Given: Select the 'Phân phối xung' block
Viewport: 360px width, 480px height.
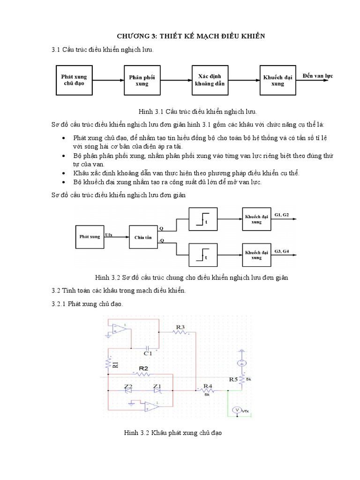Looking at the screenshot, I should pyautogui.click(x=142, y=80).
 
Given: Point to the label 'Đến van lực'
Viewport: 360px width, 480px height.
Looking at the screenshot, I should pyautogui.click(x=316, y=76).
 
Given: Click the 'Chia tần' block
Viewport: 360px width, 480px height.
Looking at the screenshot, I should pyautogui.click(x=142, y=238).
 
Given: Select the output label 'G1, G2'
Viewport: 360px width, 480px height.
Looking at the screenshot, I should pyautogui.click(x=282, y=215).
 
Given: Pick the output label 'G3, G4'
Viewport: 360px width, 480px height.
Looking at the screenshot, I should pyautogui.click(x=282, y=252).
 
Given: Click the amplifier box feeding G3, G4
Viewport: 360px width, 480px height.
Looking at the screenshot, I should pyautogui.click(x=256, y=255).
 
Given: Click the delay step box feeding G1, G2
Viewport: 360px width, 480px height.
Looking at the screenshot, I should pyautogui.click(x=202, y=219).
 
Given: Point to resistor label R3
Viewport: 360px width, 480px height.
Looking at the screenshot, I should pyautogui.click(x=180, y=326).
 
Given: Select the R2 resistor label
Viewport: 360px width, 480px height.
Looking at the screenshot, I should pyautogui.click(x=143, y=369).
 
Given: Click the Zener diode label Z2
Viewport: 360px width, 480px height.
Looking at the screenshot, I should pyautogui.click(x=127, y=386).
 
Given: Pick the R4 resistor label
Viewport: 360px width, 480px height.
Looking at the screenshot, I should pyautogui.click(x=207, y=386).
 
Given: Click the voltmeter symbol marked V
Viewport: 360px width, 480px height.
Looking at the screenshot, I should pyautogui.click(x=237, y=410).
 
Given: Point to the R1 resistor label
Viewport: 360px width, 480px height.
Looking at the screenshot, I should pyautogui.click(x=116, y=364).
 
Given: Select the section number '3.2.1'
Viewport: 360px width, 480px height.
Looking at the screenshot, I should pyautogui.click(x=59, y=304).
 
